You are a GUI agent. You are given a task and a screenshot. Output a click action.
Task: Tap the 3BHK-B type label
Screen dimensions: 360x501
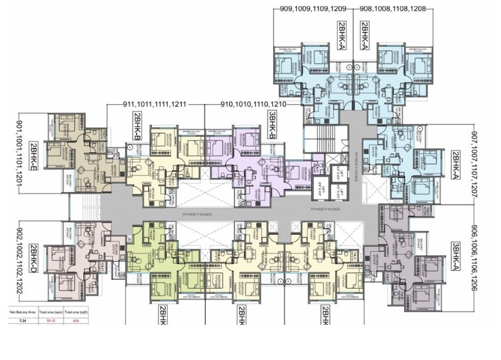(x=271, y=126)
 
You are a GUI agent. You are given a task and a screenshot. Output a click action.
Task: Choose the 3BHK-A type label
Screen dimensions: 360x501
(x=455, y=256)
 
